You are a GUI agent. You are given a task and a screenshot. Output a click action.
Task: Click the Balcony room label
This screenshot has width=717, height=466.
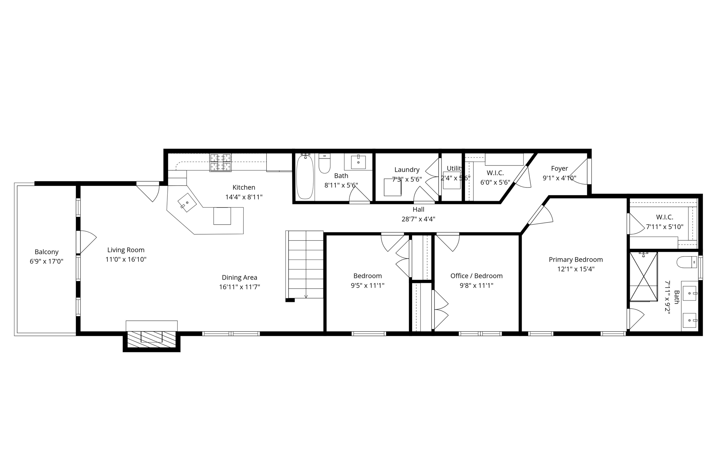46,252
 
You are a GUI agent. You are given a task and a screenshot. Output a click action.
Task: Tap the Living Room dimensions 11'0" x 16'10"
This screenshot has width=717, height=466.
126,260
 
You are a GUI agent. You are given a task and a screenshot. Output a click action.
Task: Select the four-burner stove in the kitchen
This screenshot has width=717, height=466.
221,162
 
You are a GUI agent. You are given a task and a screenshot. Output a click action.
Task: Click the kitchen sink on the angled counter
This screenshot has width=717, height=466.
187,203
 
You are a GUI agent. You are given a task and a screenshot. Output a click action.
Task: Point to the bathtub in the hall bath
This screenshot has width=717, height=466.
305,177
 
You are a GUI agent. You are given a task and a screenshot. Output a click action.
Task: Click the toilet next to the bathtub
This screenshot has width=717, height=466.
325,164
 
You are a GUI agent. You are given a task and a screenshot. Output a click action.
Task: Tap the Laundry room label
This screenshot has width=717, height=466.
407,170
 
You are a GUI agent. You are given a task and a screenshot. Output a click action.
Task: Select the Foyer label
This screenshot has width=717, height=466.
559,169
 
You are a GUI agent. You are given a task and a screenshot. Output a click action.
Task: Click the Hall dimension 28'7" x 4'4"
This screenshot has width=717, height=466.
418,219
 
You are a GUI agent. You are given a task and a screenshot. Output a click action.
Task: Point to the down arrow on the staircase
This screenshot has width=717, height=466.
306,296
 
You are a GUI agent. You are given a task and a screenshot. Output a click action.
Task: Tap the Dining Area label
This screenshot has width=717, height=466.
239,278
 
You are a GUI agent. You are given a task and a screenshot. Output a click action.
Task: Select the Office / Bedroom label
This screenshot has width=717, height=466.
476,276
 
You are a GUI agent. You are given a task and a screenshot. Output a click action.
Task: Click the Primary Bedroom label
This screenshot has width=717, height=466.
576,260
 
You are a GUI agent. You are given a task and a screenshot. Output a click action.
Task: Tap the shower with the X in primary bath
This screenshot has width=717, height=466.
643,276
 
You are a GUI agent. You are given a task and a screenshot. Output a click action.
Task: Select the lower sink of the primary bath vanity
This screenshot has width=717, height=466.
690,320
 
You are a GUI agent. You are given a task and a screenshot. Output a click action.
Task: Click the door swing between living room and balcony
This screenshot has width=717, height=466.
88,241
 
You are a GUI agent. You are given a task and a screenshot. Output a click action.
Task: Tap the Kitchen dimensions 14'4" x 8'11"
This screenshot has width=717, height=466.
244,197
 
